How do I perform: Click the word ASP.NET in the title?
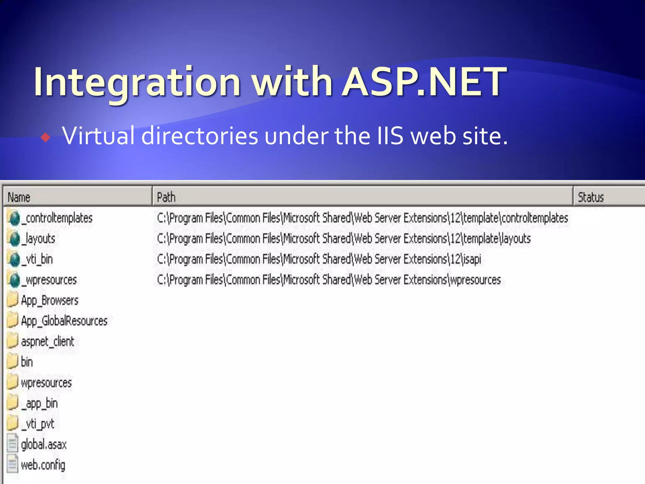pos(424,82)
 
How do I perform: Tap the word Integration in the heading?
pos(137,82)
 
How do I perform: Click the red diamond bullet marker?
pos(46,137)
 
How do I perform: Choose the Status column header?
pos(591,197)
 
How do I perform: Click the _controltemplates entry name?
pos(57,218)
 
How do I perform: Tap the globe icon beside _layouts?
pos(14,239)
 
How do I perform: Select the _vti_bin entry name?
pos(37,259)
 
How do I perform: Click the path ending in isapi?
pos(319,259)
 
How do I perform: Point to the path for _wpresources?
pos(329,280)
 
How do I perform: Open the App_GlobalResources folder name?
pos(64,321)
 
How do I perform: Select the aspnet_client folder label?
pos(48,342)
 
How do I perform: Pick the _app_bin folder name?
pos(40,404)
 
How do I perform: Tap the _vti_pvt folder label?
pos(38,424)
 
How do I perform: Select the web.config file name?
pos(43,465)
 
